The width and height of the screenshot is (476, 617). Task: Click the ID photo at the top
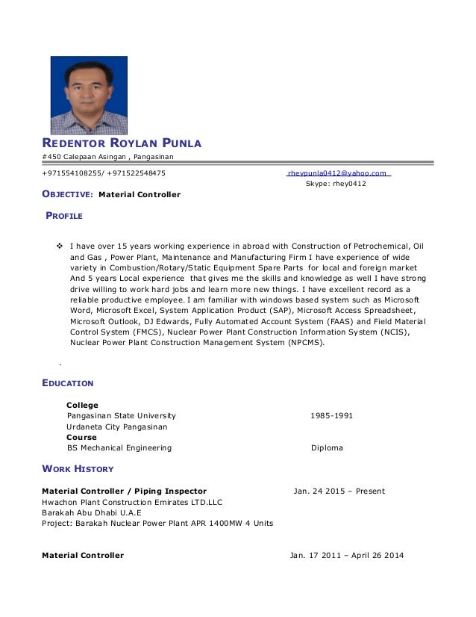[89, 96]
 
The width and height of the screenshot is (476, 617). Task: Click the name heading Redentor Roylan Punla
[122, 143]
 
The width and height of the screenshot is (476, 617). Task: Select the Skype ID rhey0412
[336, 184]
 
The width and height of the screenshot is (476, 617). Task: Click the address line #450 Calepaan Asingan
[107, 156]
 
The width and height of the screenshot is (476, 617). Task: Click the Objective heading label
[67, 195]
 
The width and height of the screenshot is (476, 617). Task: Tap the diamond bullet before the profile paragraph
[61, 246]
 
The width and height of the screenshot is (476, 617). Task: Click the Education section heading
[68, 383]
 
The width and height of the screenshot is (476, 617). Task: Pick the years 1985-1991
[332, 416]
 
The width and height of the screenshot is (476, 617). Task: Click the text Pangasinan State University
[122, 416]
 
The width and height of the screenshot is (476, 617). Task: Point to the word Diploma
[327, 448]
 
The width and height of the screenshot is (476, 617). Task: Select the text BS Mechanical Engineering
[119, 448]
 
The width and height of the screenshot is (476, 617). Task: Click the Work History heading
[78, 469]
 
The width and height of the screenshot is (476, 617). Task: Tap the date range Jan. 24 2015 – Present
[339, 491]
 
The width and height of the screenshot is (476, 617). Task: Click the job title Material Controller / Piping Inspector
[124, 491]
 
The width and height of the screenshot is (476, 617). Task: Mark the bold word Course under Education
[81, 438]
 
